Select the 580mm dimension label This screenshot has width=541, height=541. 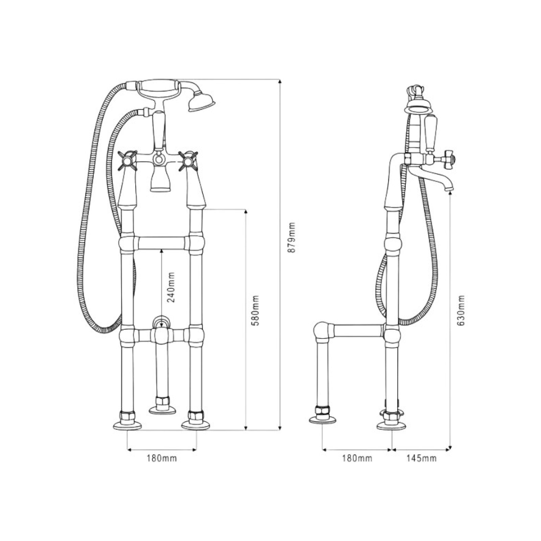pos(256,310)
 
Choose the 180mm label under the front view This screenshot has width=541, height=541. pos(161,459)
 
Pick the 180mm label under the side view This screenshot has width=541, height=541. pos(357,459)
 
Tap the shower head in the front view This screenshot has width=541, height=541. pos(202,103)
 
